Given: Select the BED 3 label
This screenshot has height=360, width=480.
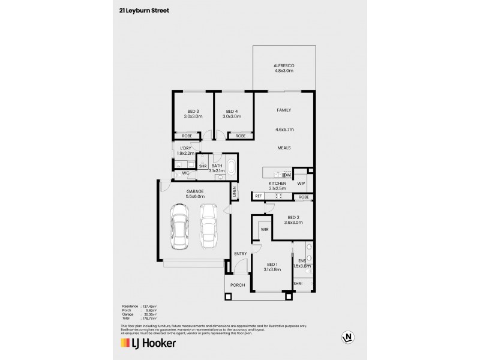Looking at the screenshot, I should pos(193,111).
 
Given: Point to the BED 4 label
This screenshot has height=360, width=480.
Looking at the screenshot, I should pos(232,111).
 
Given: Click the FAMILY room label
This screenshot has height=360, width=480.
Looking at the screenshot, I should pos(284,111).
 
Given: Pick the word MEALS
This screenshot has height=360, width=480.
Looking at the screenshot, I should pos(284,147).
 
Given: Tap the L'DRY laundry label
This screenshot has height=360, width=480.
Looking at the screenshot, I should pos(184,148).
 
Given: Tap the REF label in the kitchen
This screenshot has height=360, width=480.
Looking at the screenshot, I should pos(259,196).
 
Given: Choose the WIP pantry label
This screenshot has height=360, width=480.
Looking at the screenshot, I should pos(301,183).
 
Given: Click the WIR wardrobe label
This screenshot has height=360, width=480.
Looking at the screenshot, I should pos(264,229).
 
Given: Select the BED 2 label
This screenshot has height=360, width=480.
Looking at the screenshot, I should pos(294,217).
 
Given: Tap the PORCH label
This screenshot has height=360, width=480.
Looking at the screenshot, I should pos(237,285).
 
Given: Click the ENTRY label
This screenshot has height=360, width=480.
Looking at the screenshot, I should pos(241,254).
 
